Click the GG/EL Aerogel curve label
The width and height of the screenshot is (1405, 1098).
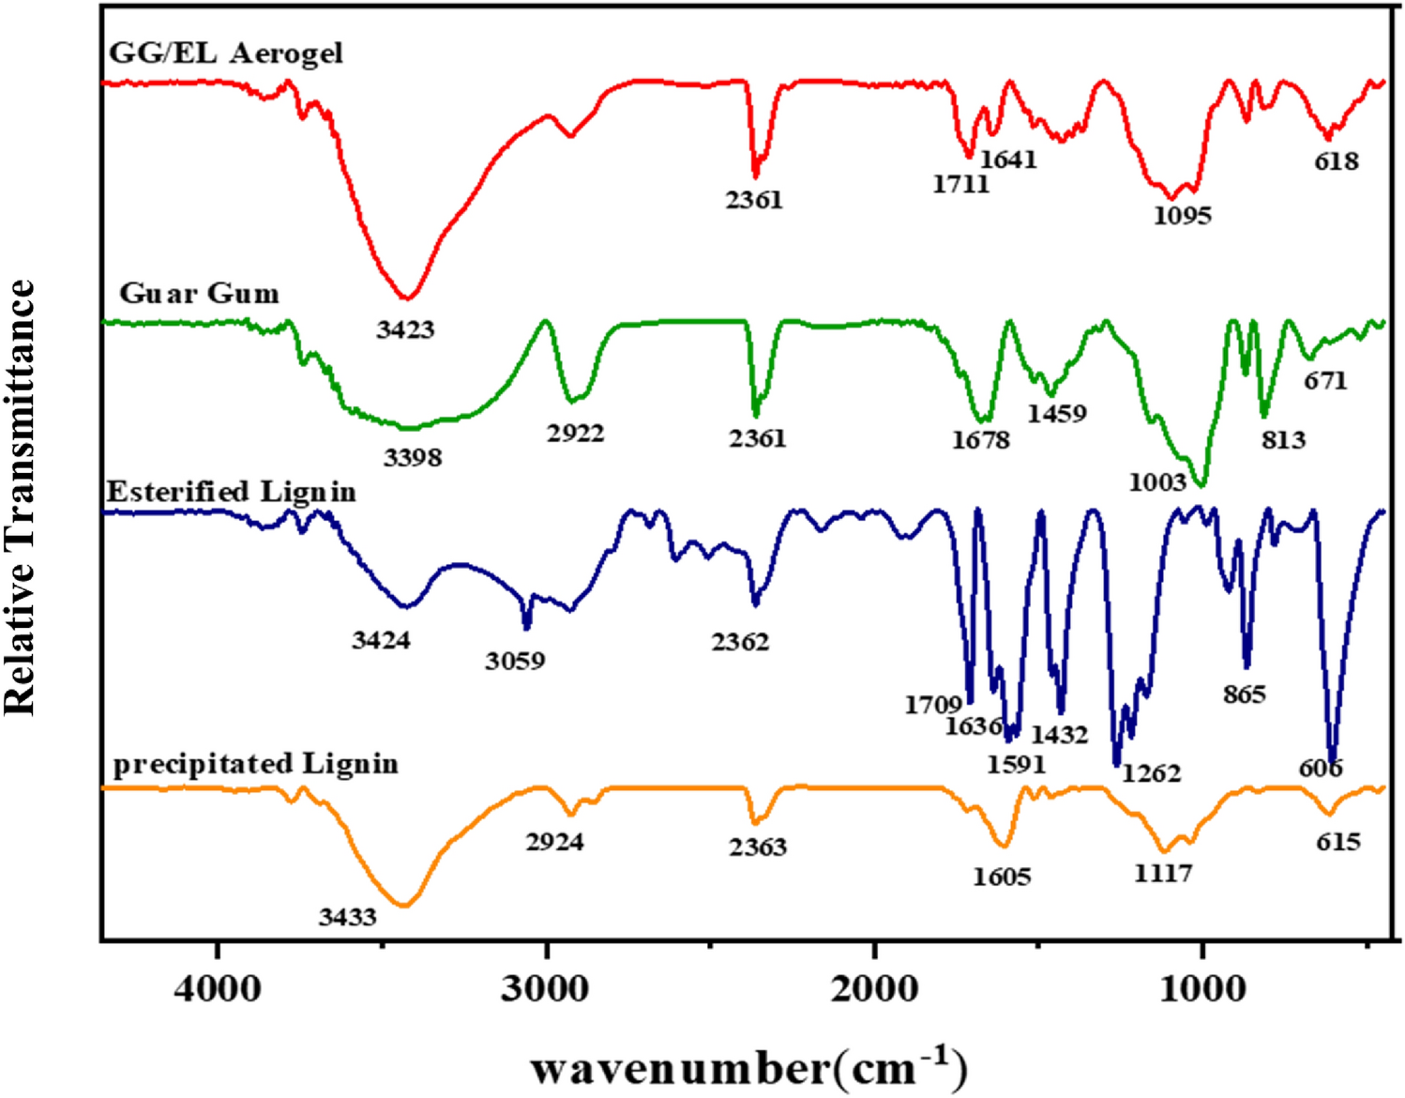pyautogui.click(x=226, y=53)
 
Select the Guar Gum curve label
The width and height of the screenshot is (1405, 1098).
pyautogui.click(x=199, y=294)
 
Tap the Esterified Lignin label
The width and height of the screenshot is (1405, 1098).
pyautogui.click(x=232, y=492)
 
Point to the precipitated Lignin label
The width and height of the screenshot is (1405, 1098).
pyautogui.click(x=255, y=764)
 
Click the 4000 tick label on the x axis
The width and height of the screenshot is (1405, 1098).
pyautogui.click(x=218, y=988)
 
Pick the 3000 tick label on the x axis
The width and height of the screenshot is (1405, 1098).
pyautogui.click(x=546, y=988)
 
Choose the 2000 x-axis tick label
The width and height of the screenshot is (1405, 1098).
pyautogui.click(x=874, y=988)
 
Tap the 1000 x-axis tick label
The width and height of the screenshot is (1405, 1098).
pyautogui.click(x=1202, y=988)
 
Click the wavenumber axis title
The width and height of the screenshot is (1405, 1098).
pyautogui.click(x=748, y=1068)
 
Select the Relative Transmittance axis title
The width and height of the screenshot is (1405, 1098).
pyautogui.click(x=21, y=497)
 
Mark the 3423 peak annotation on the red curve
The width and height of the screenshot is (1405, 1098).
pyautogui.click(x=405, y=329)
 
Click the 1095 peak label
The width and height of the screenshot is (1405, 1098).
pyautogui.click(x=1182, y=216)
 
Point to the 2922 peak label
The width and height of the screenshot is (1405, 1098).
pyautogui.click(x=576, y=434)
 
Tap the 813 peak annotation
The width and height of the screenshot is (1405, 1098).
pyautogui.click(x=1283, y=439)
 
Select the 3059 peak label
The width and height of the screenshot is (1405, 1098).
pyautogui.click(x=515, y=661)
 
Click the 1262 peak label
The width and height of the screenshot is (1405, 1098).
pyautogui.click(x=1151, y=773)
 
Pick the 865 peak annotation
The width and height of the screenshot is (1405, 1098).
pyautogui.click(x=1245, y=694)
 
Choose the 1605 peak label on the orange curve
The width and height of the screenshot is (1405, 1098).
pyautogui.click(x=1002, y=877)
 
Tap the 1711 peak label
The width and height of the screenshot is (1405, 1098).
pyautogui.click(x=960, y=184)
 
